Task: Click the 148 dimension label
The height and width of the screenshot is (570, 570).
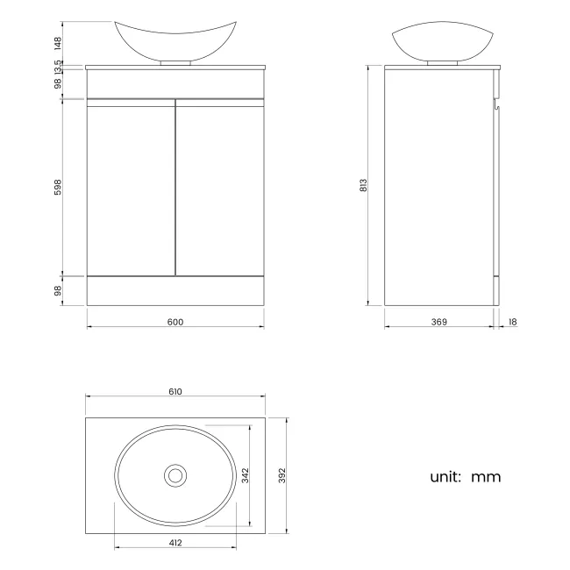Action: [x=58, y=40]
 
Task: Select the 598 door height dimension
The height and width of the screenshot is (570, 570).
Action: [x=58, y=187]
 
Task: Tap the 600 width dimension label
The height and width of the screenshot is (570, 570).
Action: [x=175, y=322]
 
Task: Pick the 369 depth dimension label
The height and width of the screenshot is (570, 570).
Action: [x=439, y=322]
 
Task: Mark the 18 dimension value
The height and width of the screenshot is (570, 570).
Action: [x=512, y=322]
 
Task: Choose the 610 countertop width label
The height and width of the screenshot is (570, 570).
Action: [x=175, y=392]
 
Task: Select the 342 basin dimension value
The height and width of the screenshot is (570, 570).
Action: [x=246, y=474]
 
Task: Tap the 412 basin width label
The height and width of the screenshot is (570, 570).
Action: [x=175, y=543]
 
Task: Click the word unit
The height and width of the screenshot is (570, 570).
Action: [x=445, y=477]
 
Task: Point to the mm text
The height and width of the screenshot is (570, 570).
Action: [x=486, y=478]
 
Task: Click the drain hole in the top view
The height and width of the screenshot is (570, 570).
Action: [x=175, y=474]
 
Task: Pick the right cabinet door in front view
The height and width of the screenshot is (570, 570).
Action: [x=219, y=189]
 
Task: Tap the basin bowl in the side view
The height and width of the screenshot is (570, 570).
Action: [x=439, y=42]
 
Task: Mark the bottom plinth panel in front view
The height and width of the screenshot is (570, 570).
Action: [x=175, y=290]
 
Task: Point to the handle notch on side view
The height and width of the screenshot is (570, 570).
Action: [x=497, y=105]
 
